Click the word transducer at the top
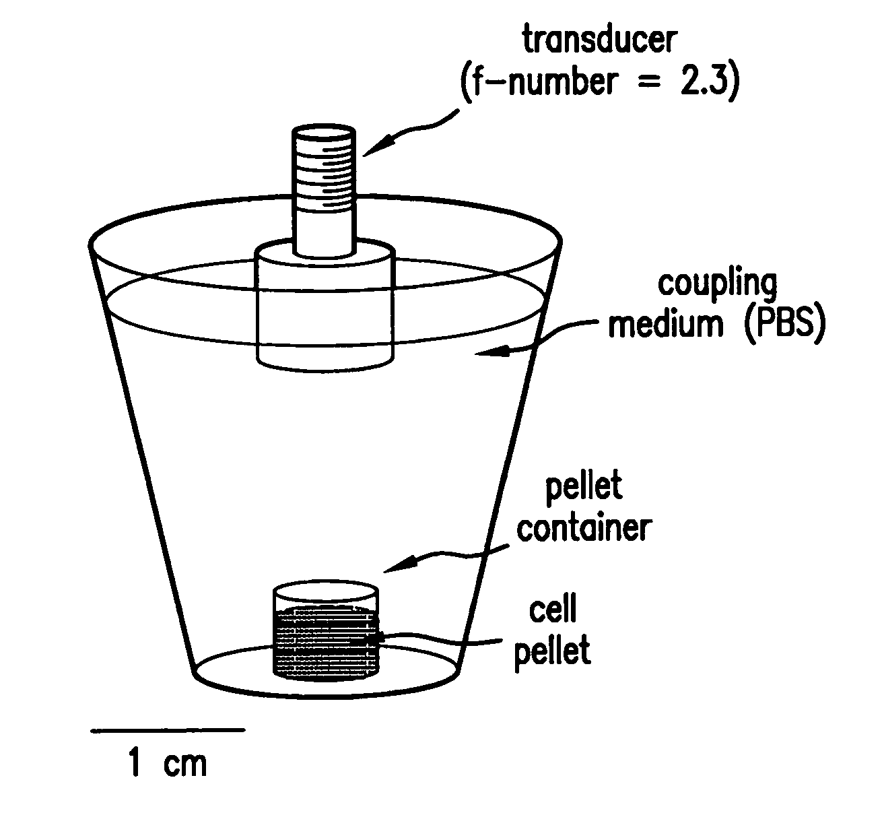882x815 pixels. (x=600, y=40)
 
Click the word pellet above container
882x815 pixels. (x=584, y=488)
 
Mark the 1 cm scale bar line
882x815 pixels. (x=168, y=730)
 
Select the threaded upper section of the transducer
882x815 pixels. (x=324, y=169)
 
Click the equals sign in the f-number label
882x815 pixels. (x=649, y=83)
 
